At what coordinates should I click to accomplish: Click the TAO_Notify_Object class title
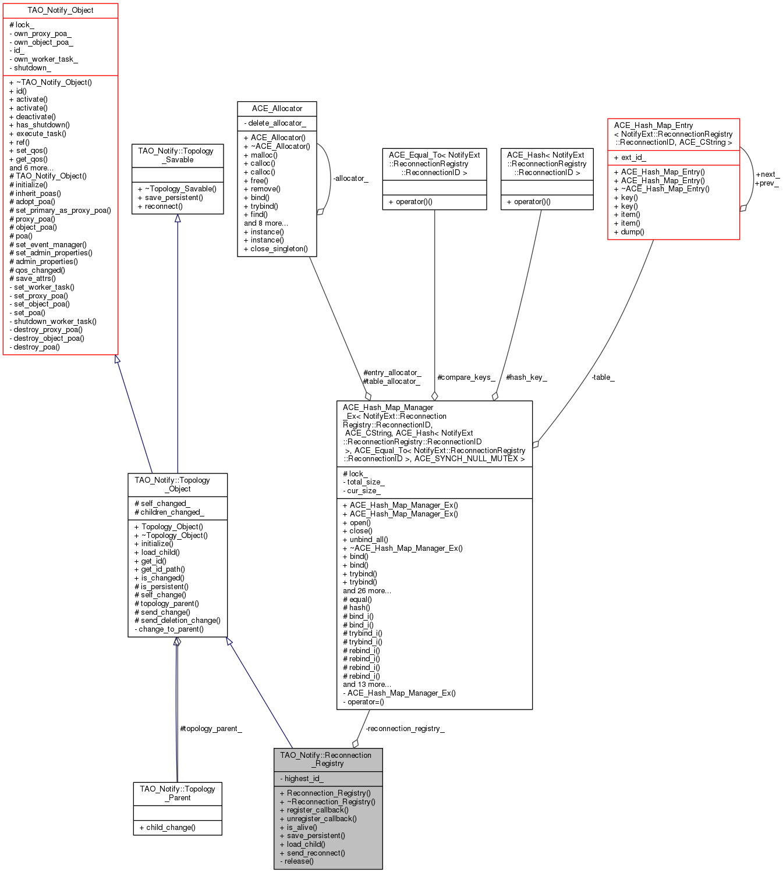(61, 10)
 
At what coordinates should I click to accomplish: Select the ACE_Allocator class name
(277, 109)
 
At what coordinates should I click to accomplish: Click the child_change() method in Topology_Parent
(168, 828)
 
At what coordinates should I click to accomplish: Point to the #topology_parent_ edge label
(211, 729)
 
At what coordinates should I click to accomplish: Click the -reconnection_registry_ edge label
(405, 729)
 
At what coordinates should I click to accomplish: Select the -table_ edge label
(603, 377)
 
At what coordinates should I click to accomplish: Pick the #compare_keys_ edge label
(466, 377)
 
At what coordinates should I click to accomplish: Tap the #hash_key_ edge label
(526, 377)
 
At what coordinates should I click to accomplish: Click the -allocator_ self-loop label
(350, 179)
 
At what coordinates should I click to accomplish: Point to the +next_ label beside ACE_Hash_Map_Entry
(767, 174)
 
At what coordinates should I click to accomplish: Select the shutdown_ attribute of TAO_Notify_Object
(30, 68)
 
